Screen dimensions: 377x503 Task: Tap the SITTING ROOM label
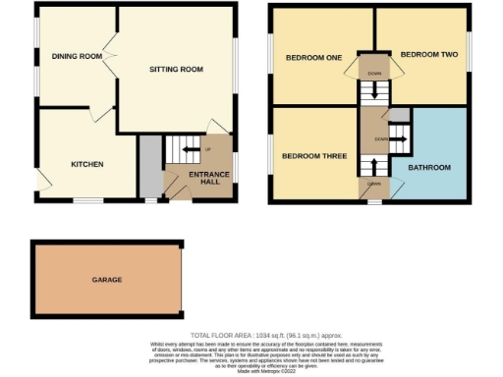tap(176, 70)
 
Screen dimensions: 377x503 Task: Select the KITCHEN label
tap(86, 164)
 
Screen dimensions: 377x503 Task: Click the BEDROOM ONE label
tap(313, 58)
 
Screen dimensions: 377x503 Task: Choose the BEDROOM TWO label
tap(429, 54)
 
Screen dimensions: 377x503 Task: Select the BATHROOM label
tap(429, 168)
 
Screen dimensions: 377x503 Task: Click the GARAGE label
tap(107, 280)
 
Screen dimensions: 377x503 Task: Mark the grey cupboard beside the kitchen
tap(148, 167)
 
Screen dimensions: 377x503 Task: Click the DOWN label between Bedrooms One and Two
tap(374, 74)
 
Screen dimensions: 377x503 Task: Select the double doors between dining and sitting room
tap(116, 61)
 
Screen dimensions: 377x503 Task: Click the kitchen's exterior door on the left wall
tap(40, 180)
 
